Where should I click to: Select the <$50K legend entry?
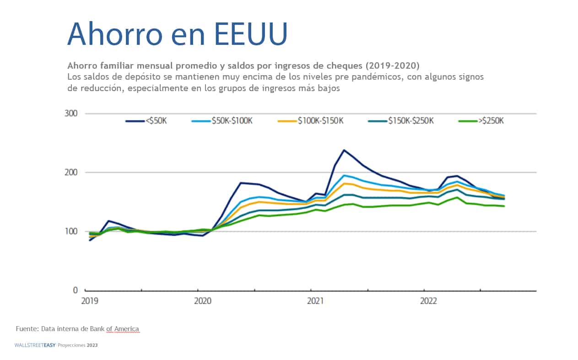click(x=146, y=121)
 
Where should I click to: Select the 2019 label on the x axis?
click(x=89, y=301)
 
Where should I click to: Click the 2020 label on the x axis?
click(x=202, y=301)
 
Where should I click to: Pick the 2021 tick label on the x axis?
click(x=315, y=301)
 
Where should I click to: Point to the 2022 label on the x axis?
click(x=428, y=301)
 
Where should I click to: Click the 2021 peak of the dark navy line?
click(x=344, y=150)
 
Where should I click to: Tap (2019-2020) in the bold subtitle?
click(x=393, y=65)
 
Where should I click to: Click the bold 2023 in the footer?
click(x=93, y=345)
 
